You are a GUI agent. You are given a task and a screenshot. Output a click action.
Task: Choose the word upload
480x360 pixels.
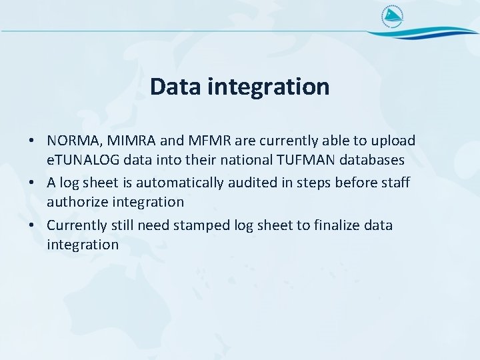click(x=394, y=141)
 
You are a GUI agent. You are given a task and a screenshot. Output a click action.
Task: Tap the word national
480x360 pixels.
click(x=237, y=161)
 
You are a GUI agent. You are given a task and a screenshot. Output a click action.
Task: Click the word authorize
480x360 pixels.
click(x=76, y=201)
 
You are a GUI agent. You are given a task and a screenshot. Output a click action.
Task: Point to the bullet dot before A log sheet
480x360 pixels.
click(x=32, y=183)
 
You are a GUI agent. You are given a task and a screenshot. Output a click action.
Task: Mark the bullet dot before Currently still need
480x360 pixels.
click(x=32, y=226)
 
